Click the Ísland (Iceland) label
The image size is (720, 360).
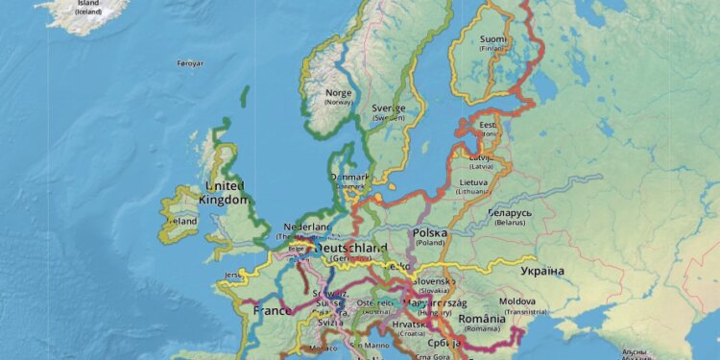(88, 7)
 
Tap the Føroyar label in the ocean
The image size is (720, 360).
(191, 63)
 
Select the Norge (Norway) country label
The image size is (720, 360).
(339, 97)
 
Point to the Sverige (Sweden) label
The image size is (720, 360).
(389, 110)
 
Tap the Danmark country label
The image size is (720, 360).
(349, 178)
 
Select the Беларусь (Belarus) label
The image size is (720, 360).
(509, 215)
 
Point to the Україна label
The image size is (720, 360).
(542, 272)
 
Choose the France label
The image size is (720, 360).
(272, 311)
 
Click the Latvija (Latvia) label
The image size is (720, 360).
(481, 158)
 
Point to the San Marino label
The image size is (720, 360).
(368, 344)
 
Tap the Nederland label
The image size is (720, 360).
(306, 228)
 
